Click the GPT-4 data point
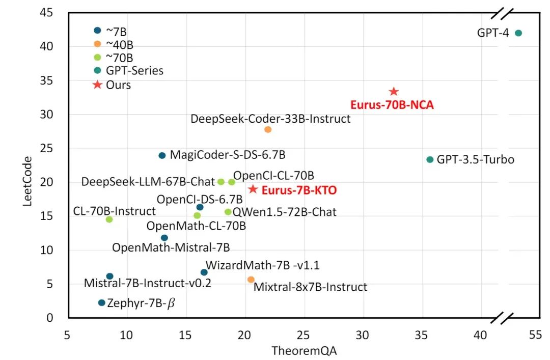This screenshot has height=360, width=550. [518, 33]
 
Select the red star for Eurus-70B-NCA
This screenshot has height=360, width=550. [394, 92]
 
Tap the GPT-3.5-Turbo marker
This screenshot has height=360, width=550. [430, 160]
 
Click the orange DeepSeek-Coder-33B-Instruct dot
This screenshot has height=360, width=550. [268, 130]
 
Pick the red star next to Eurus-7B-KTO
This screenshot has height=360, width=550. [253, 189]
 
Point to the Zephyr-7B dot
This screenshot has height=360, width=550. [101, 303]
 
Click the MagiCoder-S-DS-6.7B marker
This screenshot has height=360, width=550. [162, 155]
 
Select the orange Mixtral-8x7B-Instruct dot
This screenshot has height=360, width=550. [251, 280]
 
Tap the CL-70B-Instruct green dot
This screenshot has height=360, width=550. [109, 219]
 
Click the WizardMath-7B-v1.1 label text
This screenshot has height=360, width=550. [263, 265]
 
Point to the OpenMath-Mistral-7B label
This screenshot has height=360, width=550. [171, 248]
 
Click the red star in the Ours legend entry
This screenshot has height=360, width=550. [97, 85]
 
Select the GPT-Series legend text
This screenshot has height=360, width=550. [134, 71]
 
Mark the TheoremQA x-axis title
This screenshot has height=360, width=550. [304, 350]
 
